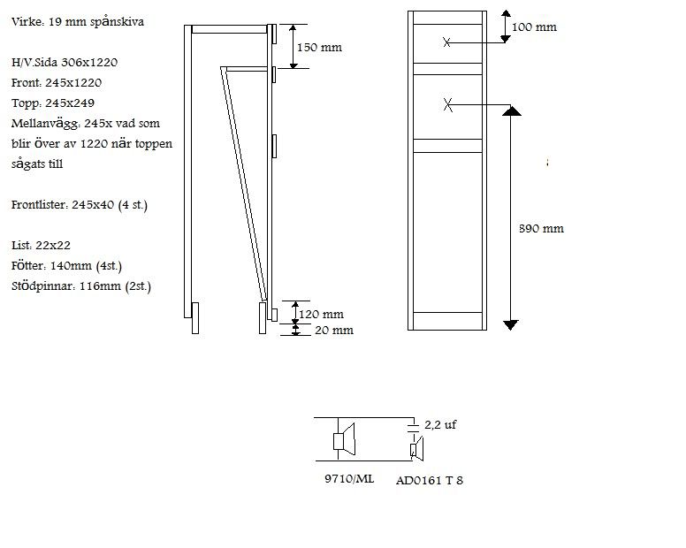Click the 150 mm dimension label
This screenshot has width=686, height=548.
tap(319, 47)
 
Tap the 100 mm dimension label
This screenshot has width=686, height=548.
tap(534, 27)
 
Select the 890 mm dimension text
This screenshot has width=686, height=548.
tap(541, 228)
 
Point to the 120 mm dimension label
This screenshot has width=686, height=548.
tap(321, 314)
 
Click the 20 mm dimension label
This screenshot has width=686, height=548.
tap(334, 331)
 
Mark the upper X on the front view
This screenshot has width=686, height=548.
tap(446, 42)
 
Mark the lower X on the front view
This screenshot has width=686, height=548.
tap(447, 105)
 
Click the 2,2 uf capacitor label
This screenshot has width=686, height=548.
tap(440, 424)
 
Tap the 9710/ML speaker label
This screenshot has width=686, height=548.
tap(349, 478)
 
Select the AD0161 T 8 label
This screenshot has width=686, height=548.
tap(429, 480)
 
